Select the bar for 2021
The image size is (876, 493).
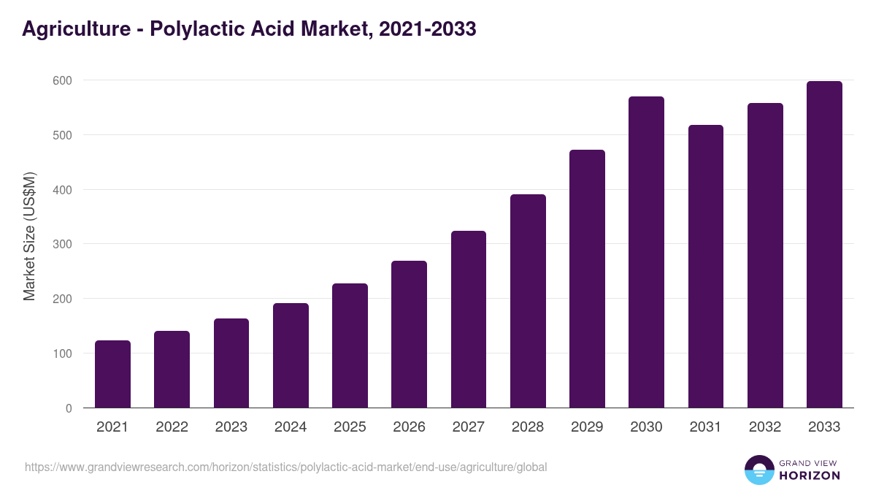pos(112,374)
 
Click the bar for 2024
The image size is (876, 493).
pos(291,356)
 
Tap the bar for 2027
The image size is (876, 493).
pos(469,319)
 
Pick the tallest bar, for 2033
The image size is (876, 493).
pos(824,245)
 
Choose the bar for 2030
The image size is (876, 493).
pos(646,252)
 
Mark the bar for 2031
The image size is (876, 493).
pos(706,267)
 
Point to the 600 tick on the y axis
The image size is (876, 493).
pos(62,80)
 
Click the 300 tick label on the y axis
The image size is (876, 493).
pos(62,244)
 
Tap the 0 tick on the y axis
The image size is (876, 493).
pos(69,408)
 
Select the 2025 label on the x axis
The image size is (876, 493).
pos(350,427)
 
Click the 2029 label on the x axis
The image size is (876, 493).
pos(587,427)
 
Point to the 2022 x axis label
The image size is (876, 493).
pos(172,427)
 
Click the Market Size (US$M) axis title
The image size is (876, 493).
pos(30,236)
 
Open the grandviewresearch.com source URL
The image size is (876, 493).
pos(285,467)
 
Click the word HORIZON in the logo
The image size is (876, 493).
pos(810,475)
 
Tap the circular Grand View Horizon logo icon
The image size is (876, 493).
pos(758,470)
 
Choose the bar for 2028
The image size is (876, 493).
pos(528,301)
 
